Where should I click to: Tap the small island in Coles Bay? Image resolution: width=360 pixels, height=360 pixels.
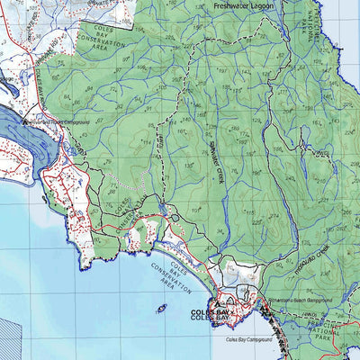coord(162,309)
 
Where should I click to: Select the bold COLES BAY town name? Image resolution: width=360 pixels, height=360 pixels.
coord(212,314)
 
